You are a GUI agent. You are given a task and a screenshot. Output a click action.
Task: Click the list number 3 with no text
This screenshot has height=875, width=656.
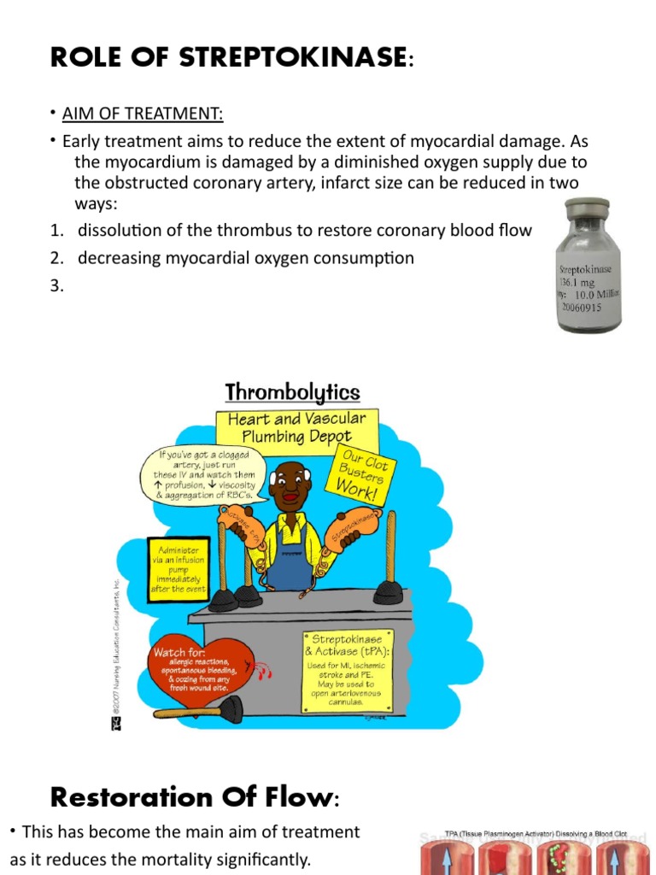pos(56,286)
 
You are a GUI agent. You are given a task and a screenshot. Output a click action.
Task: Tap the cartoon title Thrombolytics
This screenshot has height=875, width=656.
pos(292,393)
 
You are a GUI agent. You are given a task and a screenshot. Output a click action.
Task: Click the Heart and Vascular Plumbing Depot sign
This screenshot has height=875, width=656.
pos(297,428)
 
